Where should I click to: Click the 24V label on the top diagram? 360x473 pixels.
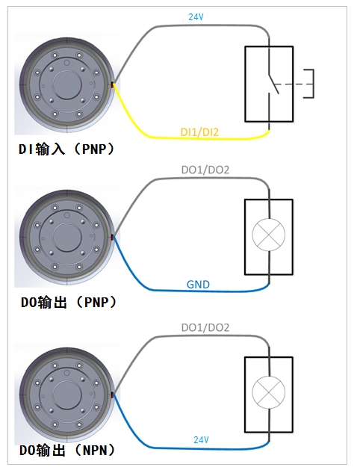[196, 17]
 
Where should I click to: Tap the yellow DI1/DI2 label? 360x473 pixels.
[199, 132]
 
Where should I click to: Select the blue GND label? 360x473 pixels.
[198, 285]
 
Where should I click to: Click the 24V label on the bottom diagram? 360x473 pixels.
[201, 440]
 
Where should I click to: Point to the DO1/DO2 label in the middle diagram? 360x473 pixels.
[205, 170]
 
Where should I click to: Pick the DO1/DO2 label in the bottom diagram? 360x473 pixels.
[205, 327]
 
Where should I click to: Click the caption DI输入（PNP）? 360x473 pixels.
[66, 149]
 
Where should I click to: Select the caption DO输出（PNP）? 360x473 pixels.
[69, 302]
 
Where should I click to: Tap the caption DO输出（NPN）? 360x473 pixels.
[67, 451]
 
